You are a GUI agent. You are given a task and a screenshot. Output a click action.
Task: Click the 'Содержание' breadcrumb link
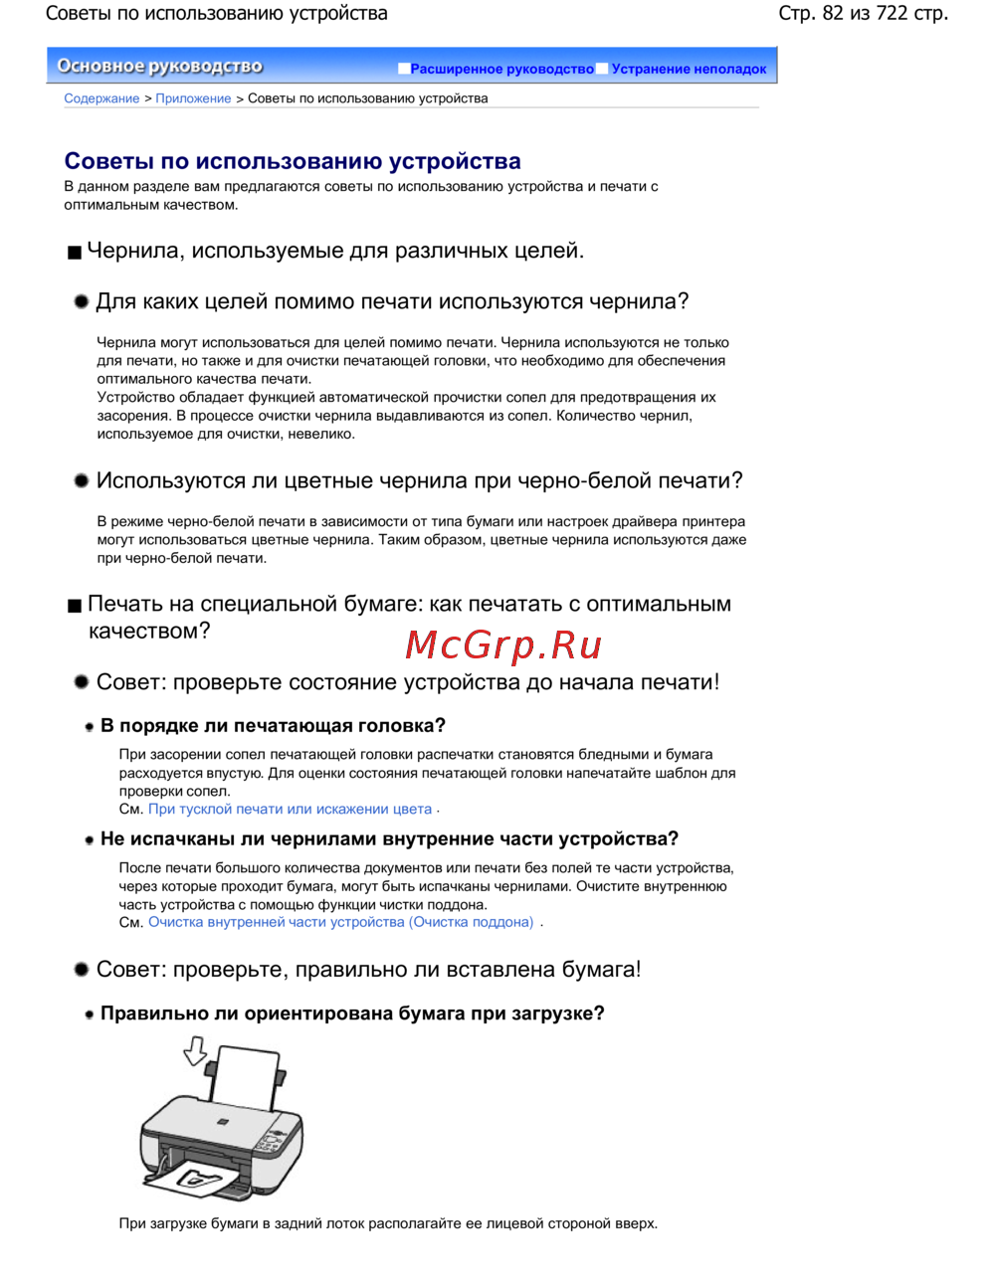point(101,98)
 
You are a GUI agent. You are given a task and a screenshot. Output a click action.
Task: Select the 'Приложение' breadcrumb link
point(193,98)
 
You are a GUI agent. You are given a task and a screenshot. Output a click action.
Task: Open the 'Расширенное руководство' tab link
point(501,69)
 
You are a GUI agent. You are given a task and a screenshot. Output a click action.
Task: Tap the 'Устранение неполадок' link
point(689,69)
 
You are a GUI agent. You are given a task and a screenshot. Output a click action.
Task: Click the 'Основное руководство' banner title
point(159,67)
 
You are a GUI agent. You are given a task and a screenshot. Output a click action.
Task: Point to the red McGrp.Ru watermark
point(503,645)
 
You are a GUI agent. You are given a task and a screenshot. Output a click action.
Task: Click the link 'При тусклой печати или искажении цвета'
point(290,810)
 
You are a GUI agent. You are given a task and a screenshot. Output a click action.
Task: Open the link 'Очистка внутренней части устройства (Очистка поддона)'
point(340,923)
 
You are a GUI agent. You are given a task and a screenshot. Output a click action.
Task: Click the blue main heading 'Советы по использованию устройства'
point(293,161)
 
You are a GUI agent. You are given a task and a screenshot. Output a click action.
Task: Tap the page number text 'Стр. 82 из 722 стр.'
point(863,14)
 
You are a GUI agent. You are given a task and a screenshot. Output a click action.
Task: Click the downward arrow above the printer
point(195,1050)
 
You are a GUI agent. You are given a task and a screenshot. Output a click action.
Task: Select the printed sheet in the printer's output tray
point(199,1182)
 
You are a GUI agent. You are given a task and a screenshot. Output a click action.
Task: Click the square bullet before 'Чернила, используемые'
point(75,253)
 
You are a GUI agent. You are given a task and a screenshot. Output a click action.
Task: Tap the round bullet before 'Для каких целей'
point(82,301)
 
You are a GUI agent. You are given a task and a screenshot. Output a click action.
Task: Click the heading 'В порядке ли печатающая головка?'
point(273,726)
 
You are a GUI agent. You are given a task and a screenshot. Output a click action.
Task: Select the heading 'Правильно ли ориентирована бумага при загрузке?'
point(352,1013)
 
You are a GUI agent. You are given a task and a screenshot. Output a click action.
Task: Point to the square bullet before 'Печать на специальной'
point(75,606)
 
